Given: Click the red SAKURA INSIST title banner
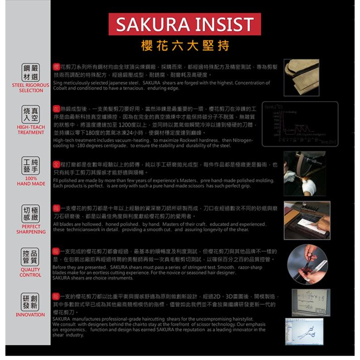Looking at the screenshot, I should (x=184, y=24).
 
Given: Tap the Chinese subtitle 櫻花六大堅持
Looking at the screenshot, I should (x=184, y=45).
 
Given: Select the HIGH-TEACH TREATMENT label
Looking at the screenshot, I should (x=31, y=130).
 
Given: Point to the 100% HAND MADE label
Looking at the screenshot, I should (x=31, y=181).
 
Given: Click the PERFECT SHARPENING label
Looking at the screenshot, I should (x=31, y=229).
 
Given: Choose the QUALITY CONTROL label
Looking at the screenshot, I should (x=31, y=273).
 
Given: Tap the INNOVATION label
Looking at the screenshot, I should (x=31, y=315).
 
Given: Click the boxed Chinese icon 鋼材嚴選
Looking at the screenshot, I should (x=31, y=72).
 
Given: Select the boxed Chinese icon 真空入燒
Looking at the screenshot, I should (x=31, y=115).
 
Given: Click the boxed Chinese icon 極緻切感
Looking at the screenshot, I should (x=31, y=214).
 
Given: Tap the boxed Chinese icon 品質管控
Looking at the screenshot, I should (x=31, y=257).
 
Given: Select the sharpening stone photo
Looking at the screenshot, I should (x=307, y=220).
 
